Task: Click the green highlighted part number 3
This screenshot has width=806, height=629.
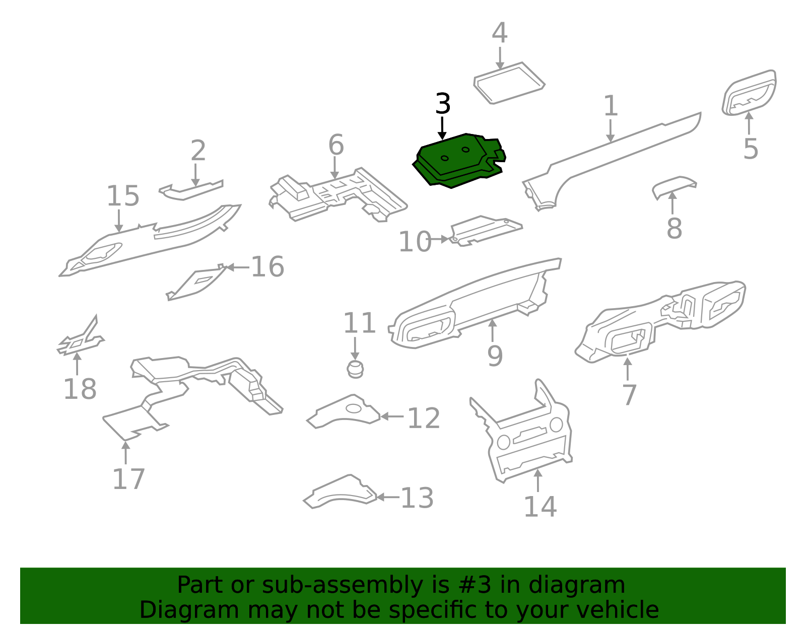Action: click(x=456, y=161)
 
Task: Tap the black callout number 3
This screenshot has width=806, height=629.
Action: click(x=442, y=104)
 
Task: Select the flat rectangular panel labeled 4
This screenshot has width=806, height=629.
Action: click(x=509, y=83)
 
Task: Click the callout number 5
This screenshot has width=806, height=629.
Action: click(x=750, y=149)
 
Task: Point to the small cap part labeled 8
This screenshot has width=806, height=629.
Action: click(x=674, y=186)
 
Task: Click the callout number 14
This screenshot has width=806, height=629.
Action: click(x=540, y=507)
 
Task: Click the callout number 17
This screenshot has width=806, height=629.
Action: click(x=128, y=479)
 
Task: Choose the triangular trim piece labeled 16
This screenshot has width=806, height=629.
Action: click(x=196, y=284)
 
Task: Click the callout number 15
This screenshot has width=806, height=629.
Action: click(x=122, y=196)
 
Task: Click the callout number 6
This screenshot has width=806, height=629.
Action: click(x=335, y=145)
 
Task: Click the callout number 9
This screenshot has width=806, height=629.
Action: click(x=495, y=356)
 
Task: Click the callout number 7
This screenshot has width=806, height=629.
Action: click(x=629, y=394)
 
